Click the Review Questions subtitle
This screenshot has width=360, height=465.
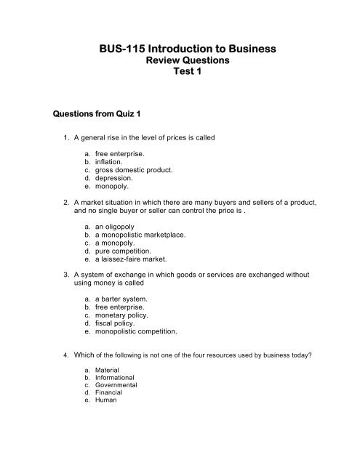pos(179,63)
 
